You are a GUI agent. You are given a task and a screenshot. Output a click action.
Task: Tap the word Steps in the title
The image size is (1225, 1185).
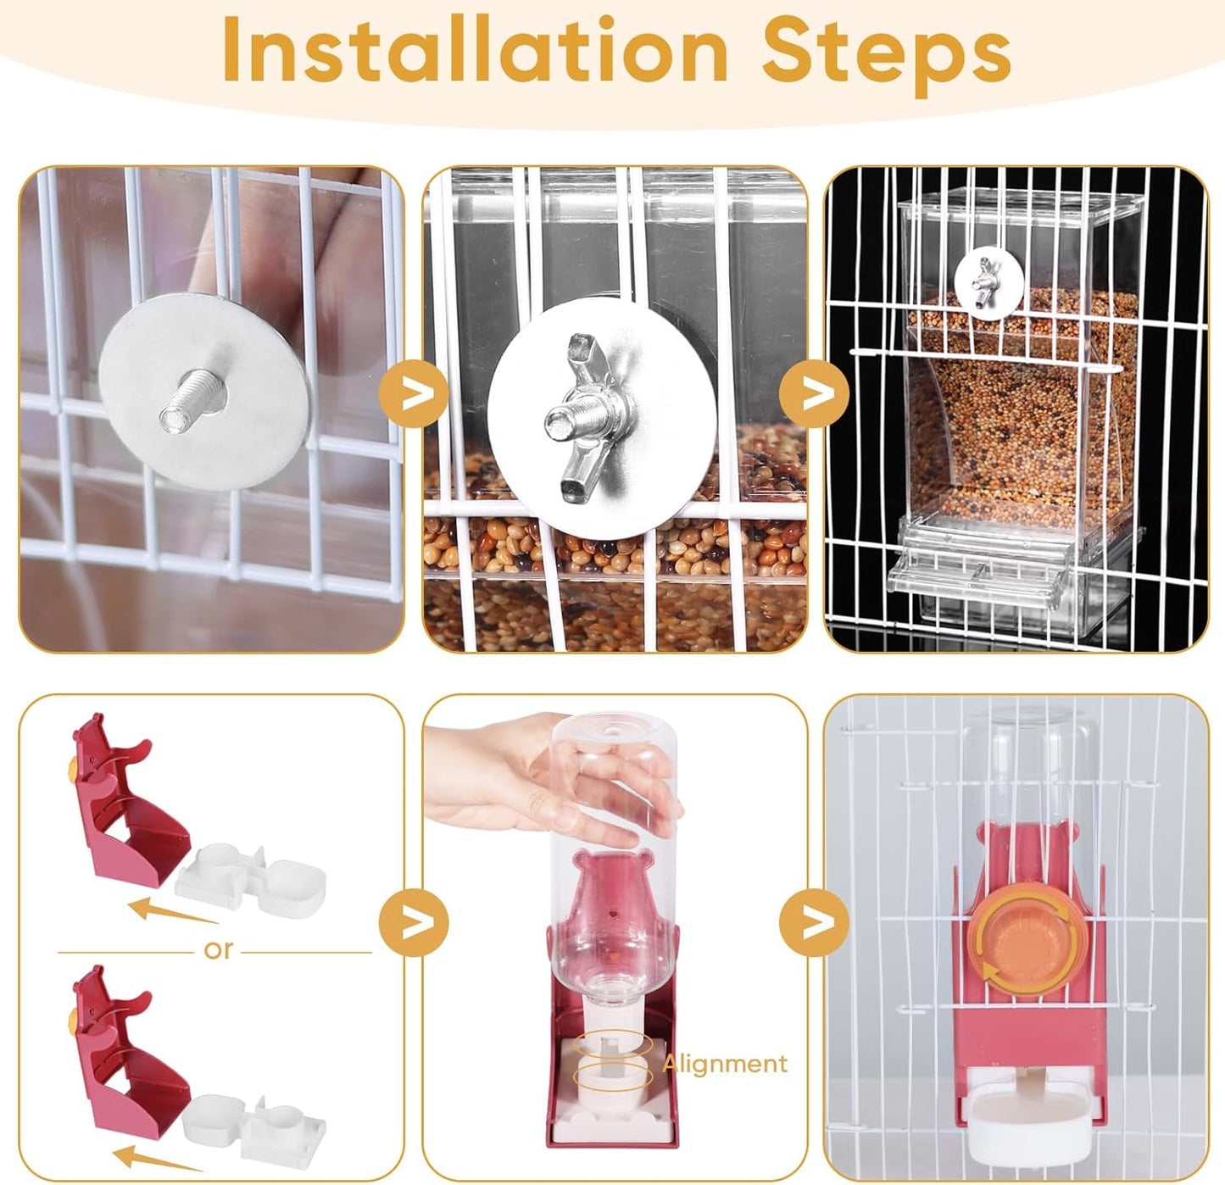886,53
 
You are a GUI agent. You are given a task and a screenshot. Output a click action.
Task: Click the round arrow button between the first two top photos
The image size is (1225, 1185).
413,393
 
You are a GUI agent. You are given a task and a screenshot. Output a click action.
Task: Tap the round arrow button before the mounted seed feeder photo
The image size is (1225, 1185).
814,393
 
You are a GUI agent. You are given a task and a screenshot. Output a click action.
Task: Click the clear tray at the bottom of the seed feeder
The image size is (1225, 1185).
1013,568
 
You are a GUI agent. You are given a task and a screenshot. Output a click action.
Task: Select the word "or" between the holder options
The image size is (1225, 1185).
218,949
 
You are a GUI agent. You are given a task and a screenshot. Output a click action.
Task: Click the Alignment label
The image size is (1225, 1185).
725,1063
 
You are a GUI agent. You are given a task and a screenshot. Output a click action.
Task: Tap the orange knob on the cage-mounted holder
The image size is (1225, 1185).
1028,939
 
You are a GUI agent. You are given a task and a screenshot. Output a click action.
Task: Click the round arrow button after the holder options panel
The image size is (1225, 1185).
413,921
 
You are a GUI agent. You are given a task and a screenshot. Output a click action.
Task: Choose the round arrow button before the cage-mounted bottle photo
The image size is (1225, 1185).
814,921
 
